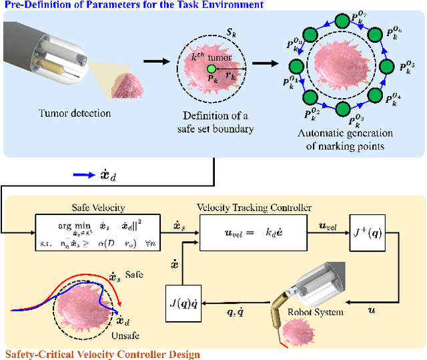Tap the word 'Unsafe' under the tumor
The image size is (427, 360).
click(x=123, y=336)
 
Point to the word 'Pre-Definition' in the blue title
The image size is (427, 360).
click(x=30, y=5)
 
